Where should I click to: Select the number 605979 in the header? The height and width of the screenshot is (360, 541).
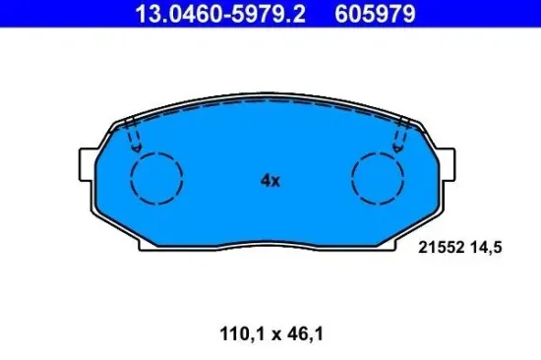point(348,14)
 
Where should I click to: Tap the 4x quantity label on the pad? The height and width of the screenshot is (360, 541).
point(270,181)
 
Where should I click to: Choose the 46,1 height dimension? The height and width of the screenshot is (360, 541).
point(306,333)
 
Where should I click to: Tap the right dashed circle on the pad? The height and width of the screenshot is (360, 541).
point(379,179)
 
